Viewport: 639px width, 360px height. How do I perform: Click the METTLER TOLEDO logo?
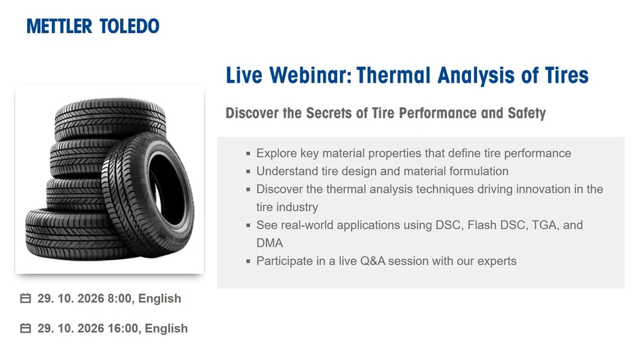click(93, 26)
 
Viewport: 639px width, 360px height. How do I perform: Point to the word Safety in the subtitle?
click(526, 113)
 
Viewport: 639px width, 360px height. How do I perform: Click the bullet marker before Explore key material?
click(249, 154)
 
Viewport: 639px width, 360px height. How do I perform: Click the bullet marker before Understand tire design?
click(249, 172)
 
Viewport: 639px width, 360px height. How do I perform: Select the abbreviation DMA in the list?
click(269, 243)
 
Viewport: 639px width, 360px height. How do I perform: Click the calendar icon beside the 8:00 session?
click(26, 298)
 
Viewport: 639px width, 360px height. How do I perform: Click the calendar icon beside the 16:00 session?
click(26, 328)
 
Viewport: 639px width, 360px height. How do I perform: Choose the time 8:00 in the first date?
click(119, 298)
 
